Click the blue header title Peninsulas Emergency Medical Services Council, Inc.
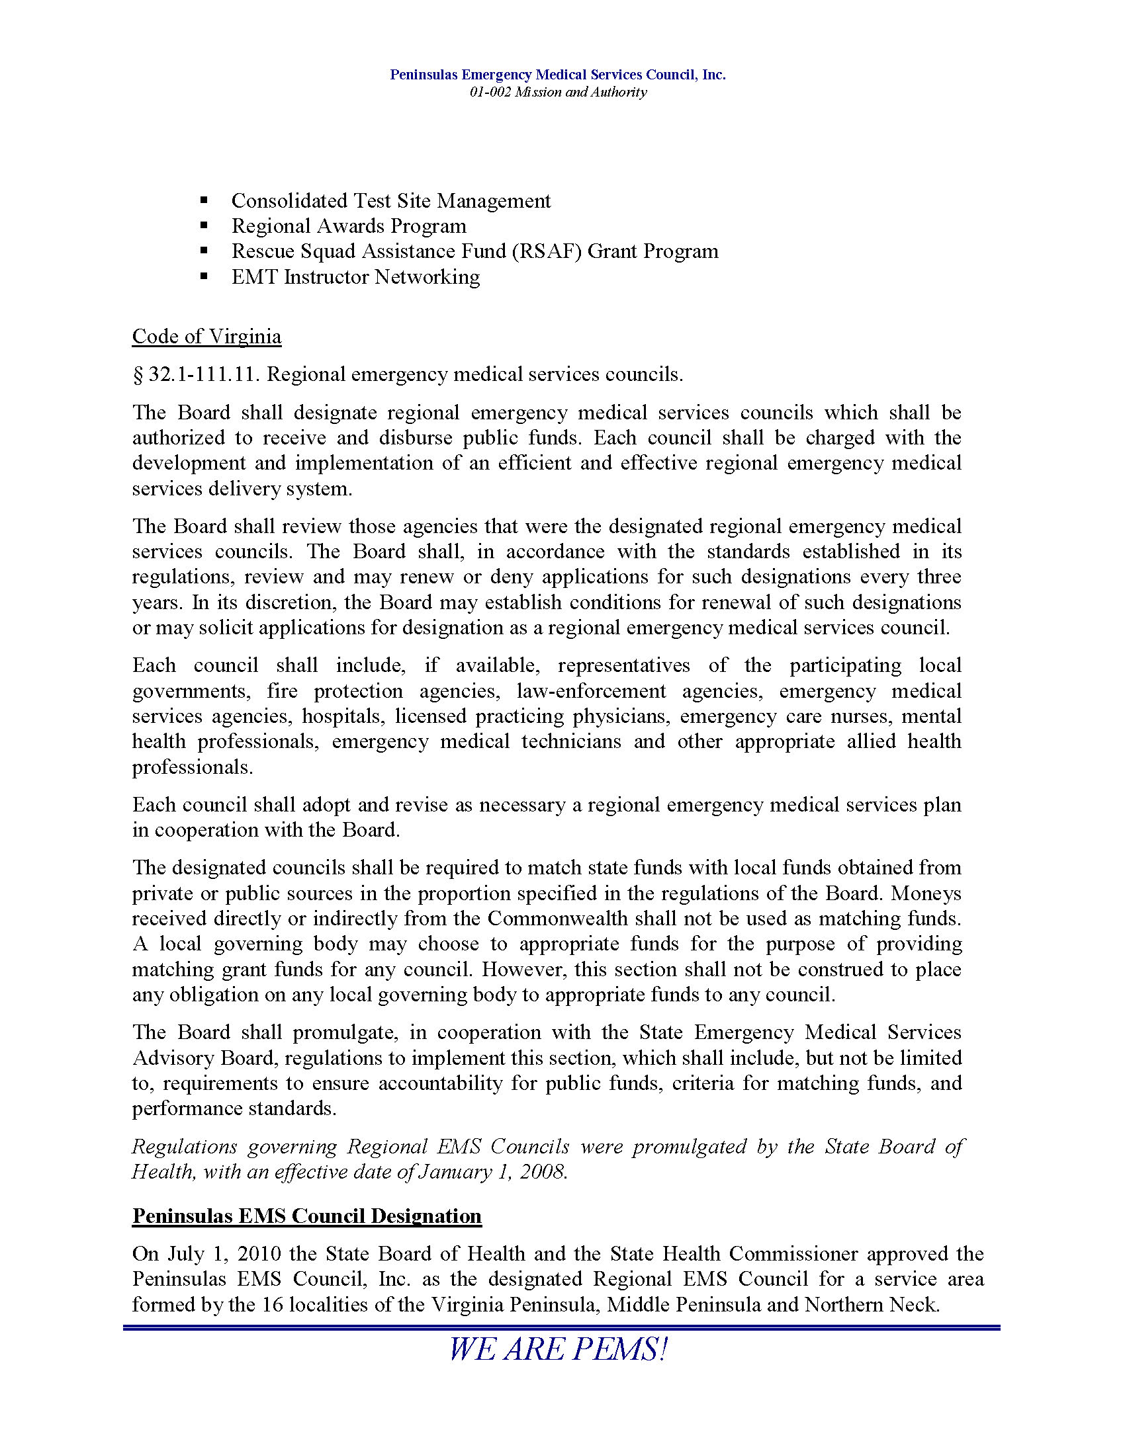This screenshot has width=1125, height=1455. coord(558,75)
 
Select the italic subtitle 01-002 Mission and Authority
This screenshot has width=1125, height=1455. coord(558,92)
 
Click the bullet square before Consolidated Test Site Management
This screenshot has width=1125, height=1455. coord(204,200)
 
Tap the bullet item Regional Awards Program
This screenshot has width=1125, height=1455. coord(349,226)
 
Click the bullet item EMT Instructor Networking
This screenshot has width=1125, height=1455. coord(355,276)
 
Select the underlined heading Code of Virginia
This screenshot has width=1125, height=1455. coord(206,337)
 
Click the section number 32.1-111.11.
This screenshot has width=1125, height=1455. coord(203,374)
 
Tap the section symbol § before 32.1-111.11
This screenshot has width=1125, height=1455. coord(138,375)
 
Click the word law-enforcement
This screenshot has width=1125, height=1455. coord(591,691)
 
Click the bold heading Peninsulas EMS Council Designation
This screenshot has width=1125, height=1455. coord(306,1216)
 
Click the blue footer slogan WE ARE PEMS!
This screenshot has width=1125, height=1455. coord(558,1350)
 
